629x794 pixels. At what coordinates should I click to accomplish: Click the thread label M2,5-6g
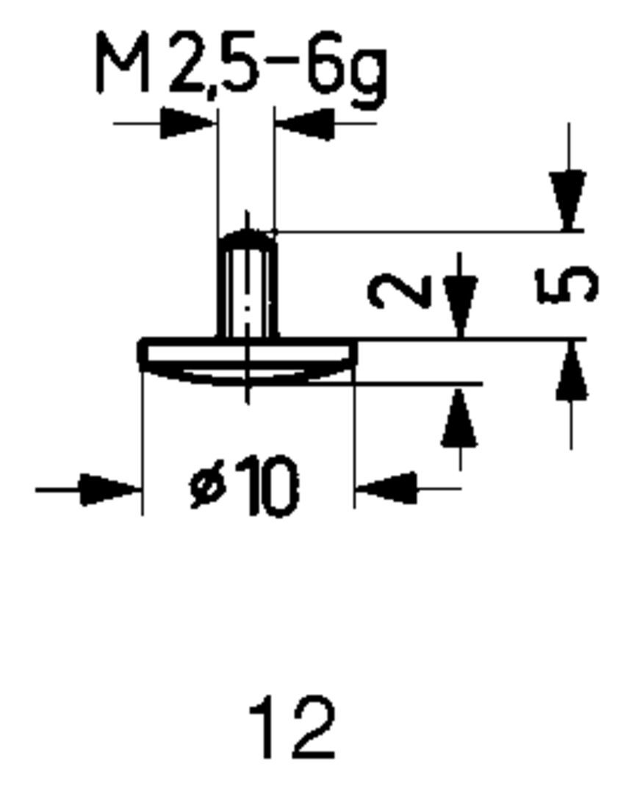(x=242, y=68)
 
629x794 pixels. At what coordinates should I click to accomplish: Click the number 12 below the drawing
(x=292, y=727)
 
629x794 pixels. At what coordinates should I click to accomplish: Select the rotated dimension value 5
(x=567, y=285)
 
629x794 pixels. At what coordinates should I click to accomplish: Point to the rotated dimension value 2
(x=399, y=291)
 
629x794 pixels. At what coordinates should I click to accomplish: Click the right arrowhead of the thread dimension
(x=303, y=124)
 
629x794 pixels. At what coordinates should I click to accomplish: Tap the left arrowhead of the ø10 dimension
(x=110, y=490)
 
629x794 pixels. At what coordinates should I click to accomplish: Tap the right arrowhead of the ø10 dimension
(x=386, y=489)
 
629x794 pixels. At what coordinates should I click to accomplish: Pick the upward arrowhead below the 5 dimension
(x=572, y=371)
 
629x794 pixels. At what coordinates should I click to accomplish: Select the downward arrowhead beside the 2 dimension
(x=460, y=307)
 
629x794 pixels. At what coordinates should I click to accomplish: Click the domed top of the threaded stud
(x=248, y=236)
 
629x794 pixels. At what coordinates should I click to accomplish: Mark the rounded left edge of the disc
(x=143, y=351)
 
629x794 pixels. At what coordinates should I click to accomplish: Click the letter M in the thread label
(x=123, y=62)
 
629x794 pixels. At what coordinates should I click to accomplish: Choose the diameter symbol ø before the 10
(x=207, y=487)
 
